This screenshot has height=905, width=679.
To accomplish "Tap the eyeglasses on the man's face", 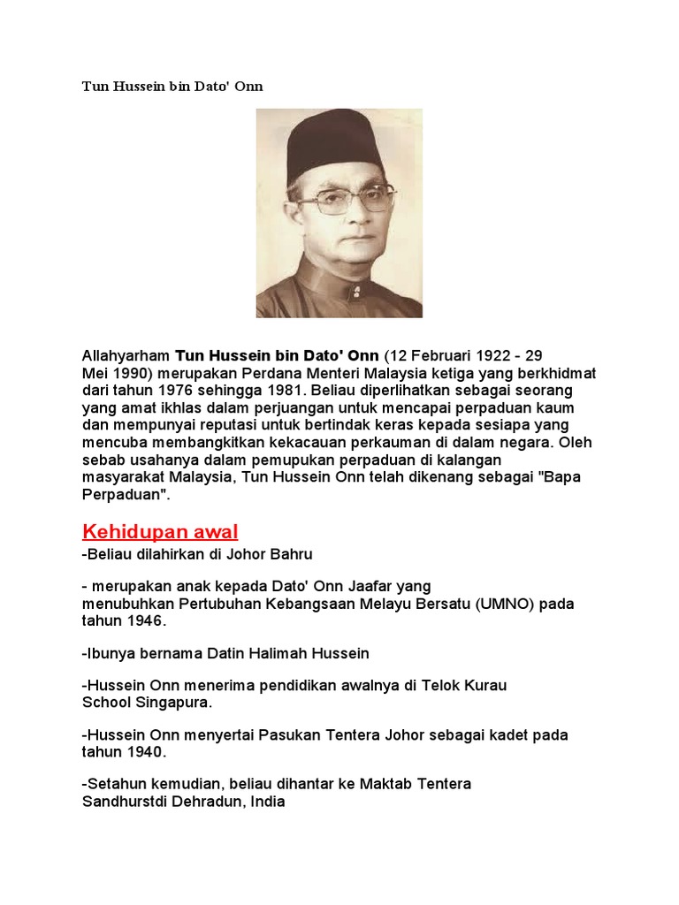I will (x=345, y=198).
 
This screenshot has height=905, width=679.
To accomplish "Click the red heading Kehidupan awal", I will (x=160, y=531).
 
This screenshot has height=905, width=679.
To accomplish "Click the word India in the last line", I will (x=268, y=802).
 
